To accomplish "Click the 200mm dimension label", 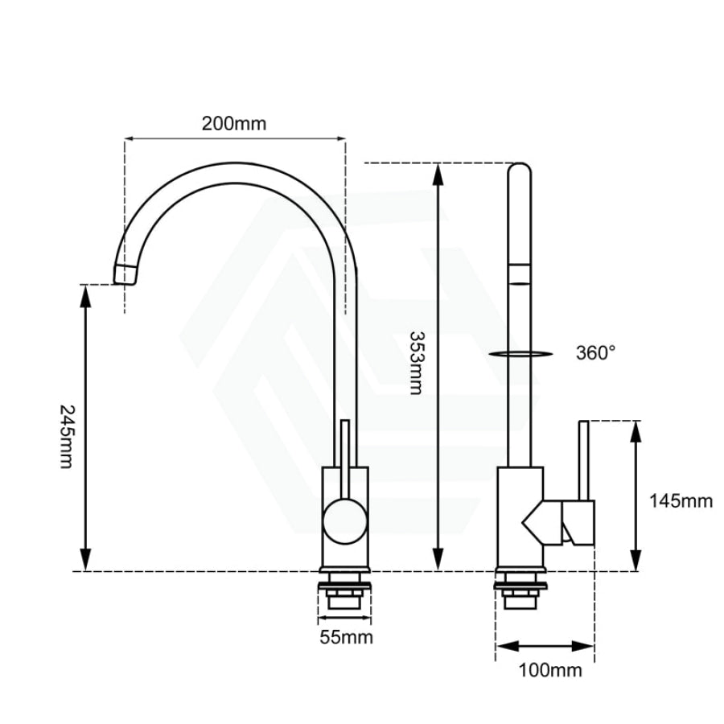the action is pos(234,124).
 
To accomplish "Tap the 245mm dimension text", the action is pos(67,436).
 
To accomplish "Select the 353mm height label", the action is pos(416,363).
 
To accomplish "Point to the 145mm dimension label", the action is pos(681,500).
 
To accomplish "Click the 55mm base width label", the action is pos(346,637).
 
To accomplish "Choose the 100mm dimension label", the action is pos(550,670).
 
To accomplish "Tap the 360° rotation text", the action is pos(595,353).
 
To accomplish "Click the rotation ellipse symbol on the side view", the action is pos(520,354).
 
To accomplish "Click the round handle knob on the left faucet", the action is pos(345,521).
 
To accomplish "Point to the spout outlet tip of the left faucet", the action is pos(125,275).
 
